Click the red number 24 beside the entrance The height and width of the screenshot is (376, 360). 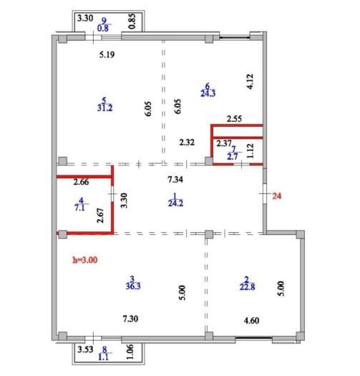pos(276,196)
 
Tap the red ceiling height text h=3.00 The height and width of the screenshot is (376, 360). pos(85,260)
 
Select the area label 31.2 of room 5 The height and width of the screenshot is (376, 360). pos(104,108)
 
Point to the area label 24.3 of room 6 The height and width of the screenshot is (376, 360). pos(208,93)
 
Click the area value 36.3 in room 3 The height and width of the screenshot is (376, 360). pos(133,286)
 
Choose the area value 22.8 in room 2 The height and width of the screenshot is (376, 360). pos(247,286)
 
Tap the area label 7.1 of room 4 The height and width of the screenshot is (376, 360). pos(79,208)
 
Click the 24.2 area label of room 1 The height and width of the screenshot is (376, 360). pos(175,203)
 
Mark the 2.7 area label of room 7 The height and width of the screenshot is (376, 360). pos(233,157)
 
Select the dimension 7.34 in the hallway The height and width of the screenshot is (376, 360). pos(175,179)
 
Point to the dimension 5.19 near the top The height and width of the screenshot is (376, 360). pos(107,54)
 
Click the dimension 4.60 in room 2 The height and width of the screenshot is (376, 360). pos(251,321)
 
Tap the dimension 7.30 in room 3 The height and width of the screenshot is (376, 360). pos(130,319)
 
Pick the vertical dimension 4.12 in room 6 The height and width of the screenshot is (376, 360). pos(250,82)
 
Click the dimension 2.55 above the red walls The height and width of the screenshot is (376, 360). pos(234,119)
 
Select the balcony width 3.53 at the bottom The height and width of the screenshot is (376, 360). pos(85,350)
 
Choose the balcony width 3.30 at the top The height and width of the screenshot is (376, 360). pos(85,18)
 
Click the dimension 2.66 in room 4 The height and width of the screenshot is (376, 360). pos(81,182)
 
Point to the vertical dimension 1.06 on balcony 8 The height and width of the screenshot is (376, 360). pos(130,352)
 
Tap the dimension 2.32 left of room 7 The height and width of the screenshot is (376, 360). pos(187,143)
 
